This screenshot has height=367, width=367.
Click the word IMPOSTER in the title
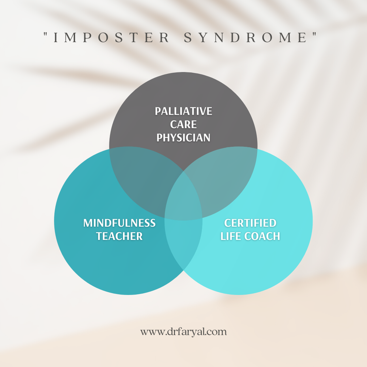(x=111, y=38)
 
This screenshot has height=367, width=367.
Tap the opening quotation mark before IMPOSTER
(x=46, y=35)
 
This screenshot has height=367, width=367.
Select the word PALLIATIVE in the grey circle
(x=183, y=111)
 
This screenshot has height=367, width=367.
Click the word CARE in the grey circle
(x=183, y=124)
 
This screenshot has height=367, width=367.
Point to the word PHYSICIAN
(x=183, y=138)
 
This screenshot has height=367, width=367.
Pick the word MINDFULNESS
(x=120, y=223)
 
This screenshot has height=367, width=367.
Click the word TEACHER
(x=120, y=237)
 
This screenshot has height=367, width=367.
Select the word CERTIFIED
(x=250, y=223)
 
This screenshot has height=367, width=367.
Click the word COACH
(x=263, y=237)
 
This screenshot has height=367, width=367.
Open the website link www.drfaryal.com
(x=183, y=332)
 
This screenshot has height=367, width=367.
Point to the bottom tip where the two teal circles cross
(x=183, y=270)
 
